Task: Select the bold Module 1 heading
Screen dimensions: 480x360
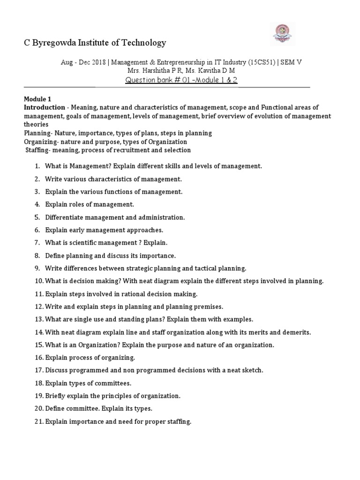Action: click(x=38, y=99)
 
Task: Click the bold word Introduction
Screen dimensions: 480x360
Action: click(x=45, y=107)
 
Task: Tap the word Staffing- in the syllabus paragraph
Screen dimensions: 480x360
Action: click(x=38, y=150)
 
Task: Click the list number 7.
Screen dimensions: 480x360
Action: click(x=37, y=243)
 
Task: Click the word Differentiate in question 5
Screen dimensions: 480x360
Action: click(x=66, y=217)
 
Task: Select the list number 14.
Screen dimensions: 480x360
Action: click(x=38, y=332)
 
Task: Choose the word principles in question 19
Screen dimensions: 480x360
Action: click(x=118, y=396)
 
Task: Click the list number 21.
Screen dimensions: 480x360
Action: click(x=38, y=421)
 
